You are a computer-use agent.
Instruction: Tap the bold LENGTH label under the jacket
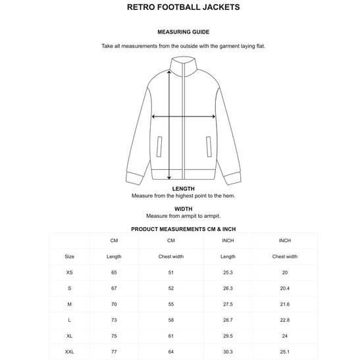click(184, 188)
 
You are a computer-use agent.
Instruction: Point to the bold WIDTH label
click(184, 209)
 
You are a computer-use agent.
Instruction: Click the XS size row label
click(70, 271)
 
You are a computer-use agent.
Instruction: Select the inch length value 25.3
click(228, 271)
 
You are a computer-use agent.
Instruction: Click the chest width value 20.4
click(285, 287)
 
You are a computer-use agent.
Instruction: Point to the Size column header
click(70, 256)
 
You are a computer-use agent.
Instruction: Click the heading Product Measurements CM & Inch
click(184, 229)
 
